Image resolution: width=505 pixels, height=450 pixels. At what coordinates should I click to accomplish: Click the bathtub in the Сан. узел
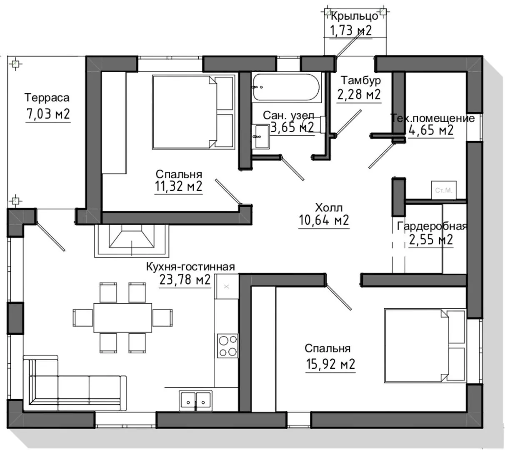(x=286, y=87)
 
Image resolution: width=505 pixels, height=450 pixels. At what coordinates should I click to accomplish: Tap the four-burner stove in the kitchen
(x=227, y=346)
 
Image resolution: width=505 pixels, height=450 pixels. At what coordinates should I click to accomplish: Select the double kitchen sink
(x=195, y=401)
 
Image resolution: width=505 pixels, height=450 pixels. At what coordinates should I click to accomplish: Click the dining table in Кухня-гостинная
(x=122, y=317)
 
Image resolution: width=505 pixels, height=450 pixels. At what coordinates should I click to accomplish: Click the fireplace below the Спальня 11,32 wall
(x=132, y=241)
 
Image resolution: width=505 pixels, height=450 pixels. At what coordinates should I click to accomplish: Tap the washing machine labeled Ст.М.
(x=444, y=190)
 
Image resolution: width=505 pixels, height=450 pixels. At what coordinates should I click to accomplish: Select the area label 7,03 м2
(x=48, y=114)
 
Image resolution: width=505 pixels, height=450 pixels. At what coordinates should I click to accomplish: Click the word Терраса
(x=47, y=97)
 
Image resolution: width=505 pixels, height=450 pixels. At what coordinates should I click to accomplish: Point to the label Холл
(x=328, y=207)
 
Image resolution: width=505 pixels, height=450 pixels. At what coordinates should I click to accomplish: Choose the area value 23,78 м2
(x=185, y=280)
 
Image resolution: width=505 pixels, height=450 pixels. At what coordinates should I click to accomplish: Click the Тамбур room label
(x=361, y=80)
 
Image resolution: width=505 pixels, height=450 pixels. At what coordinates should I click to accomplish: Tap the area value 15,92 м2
(x=330, y=364)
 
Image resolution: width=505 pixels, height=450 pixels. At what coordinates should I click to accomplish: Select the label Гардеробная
(x=432, y=226)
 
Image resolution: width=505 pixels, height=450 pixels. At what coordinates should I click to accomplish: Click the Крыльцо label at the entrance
(x=354, y=16)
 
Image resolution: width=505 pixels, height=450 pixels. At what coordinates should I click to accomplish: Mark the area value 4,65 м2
(x=431, y=130)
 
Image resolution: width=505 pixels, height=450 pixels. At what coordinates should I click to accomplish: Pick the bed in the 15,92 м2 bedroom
(x=425, y=345)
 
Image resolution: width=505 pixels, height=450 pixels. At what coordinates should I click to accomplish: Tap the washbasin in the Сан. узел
(x=260, y=137)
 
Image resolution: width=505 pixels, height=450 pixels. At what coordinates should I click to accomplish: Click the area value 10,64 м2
(x=323, y=220)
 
